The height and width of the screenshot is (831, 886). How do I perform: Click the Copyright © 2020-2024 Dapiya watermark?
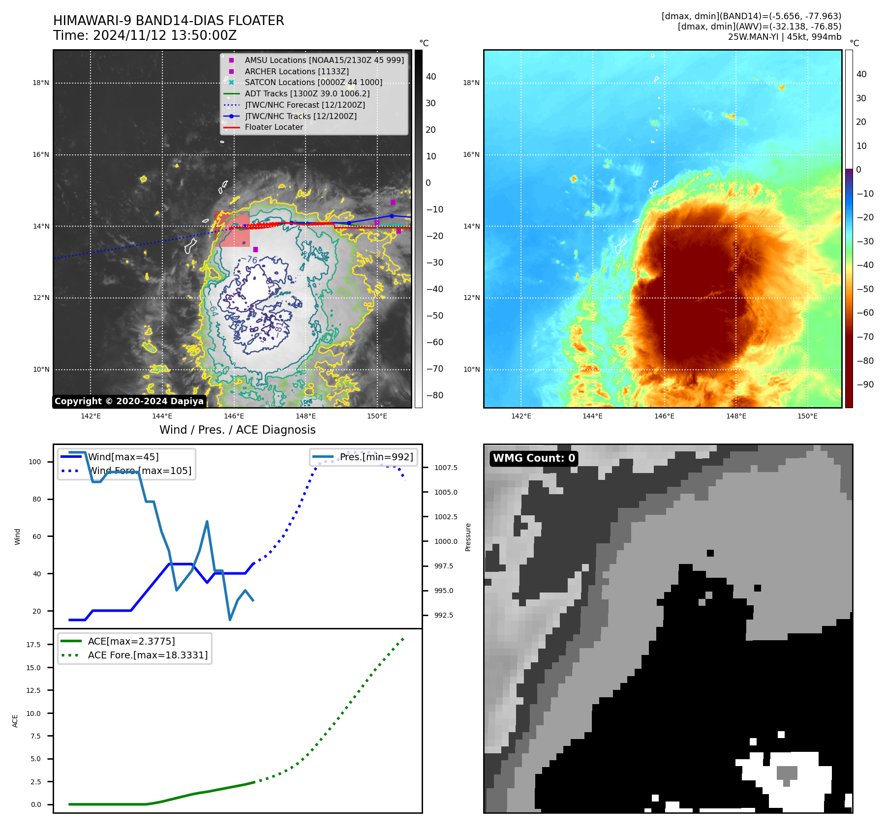pyautogui.click(x=129, y=401)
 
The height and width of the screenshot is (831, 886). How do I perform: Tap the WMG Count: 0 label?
pyautogui.click(x=534, y=458)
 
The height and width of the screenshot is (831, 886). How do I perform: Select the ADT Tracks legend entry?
pyautogui.click(x=307, y=93)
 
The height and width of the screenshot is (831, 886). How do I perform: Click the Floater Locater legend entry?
pyautogui.click(x=274, y=127)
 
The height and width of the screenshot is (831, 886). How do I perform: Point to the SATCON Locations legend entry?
pyautogui.click(x=313, y=82)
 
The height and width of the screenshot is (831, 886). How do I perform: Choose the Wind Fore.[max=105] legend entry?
pyautogui.click(x=140, y=471)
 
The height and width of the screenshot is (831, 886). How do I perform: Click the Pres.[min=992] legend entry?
pyautogui.click(x=376, y=457)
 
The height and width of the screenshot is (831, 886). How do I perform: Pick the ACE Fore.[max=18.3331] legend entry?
pyautogui.click(x=148, y=655)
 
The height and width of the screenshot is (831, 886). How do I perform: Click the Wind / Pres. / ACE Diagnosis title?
pyautogui.click(x=238, y=430)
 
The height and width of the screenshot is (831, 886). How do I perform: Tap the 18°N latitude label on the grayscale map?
pyautogui.click(x=41, y=83)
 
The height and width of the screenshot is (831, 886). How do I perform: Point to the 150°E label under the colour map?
pyautogui.click(x=807, y=416)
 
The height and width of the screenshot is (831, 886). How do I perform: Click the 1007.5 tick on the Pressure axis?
pyautogui.click(x=446, y=468)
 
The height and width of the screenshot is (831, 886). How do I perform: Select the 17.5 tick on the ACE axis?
pyautogui.click(x=33, y=645)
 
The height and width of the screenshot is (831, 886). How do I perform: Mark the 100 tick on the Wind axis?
pyautogui.click(x=35, y=462)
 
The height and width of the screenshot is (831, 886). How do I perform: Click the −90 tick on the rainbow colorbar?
pyautogui.click(x=865, y=385)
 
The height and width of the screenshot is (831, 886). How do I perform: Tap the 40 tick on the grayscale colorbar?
pyautogui.click(x=431, y=77)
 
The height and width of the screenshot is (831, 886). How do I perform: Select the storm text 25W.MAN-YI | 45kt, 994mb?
pyautogui.click(x=784, y=37)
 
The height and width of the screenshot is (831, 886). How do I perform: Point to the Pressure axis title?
pyautogui.click(x=468, y=537)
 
